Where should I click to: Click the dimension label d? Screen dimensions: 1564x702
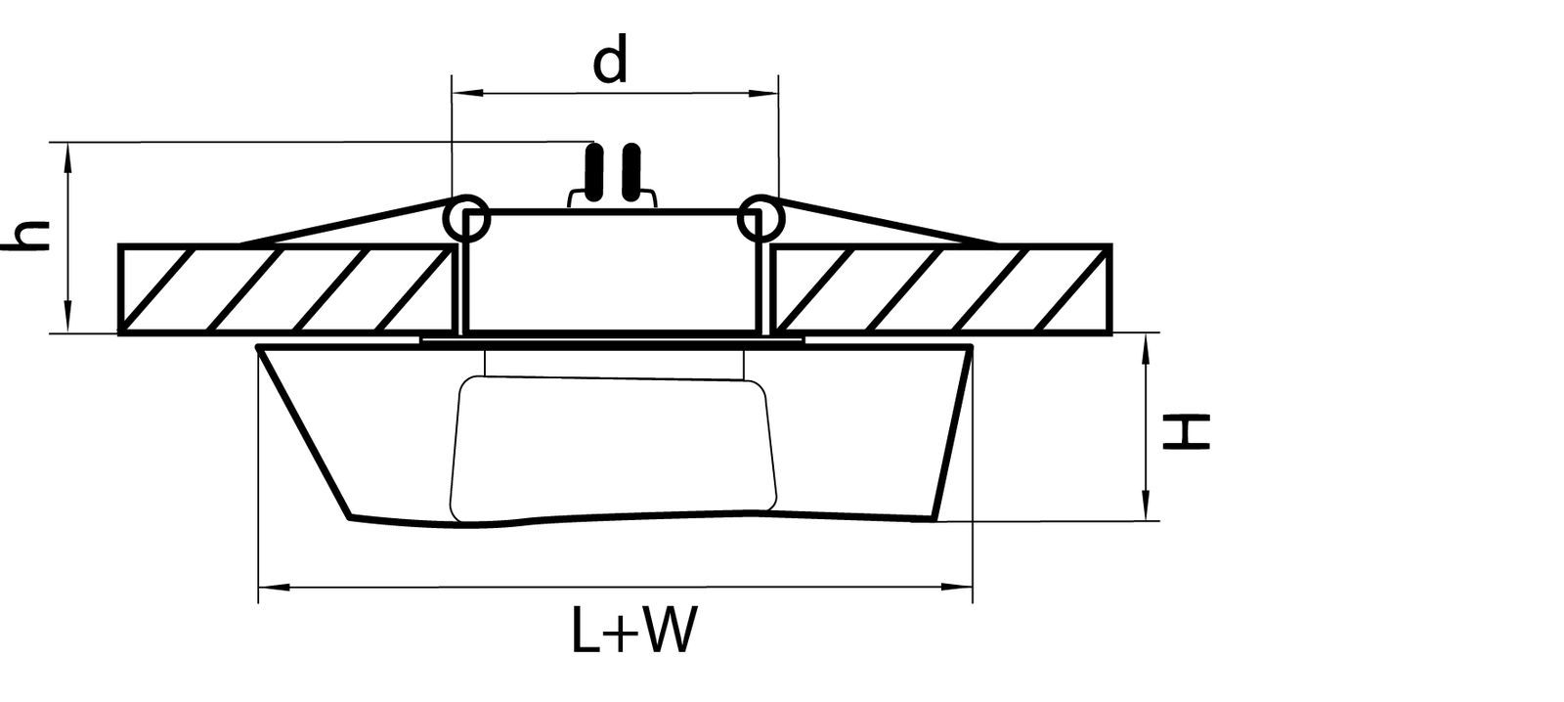pyautogui.click(x=610, y=63)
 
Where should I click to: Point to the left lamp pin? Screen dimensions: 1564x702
pyautogui.click(x=592, y=173)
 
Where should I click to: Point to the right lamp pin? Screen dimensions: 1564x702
pyautogui.click(x=632, y=173)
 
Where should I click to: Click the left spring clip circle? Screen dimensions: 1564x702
pyautogui.click(x=465, y=218)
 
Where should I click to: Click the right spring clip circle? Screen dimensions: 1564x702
pyautogui.click(x=760, y=218)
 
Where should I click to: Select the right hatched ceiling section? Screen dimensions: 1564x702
pyautogui.click(x=940, y=288)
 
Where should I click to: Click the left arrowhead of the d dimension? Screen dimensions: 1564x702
pyautogui.click(x=464, y=94)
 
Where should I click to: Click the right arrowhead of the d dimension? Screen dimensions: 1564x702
pyautogui.click(x=764, y=94)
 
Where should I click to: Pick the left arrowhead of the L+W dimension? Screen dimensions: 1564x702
pyautogui.click(x=271, y=588)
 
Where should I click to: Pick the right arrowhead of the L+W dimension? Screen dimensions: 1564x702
pyautogui.click(x=959, y=588)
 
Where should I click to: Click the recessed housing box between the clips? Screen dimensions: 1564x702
pyautogui.click(x=613, y=271)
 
